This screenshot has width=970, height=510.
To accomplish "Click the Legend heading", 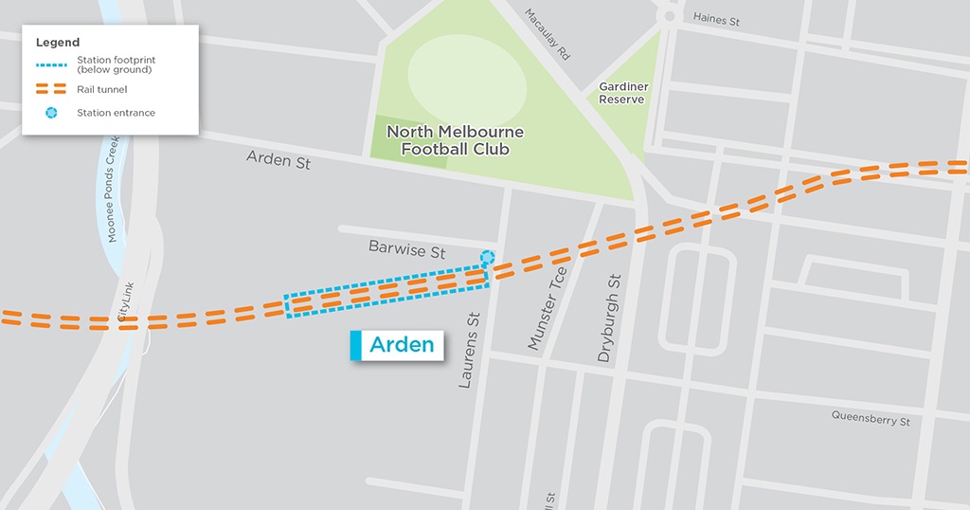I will tap(58, 43).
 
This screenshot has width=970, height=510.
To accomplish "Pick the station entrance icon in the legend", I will tap(53, 113).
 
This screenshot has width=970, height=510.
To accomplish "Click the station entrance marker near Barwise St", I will tap(488, 257).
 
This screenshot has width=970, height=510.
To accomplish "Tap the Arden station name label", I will tap(402, 345).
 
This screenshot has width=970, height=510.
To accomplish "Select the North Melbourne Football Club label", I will tap(455, 140).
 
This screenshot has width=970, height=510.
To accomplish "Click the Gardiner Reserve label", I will tap(622, 93).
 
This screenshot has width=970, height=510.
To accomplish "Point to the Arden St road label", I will tap(278, 161).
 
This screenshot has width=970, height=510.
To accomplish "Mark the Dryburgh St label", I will tap(608, 319).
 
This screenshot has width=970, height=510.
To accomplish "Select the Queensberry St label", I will tap(871, 417).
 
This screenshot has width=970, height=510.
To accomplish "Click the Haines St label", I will tap(717, 18).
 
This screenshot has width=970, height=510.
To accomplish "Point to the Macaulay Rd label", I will tap(549, 35).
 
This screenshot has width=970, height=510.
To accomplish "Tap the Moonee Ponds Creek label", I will tap(112, 188).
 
